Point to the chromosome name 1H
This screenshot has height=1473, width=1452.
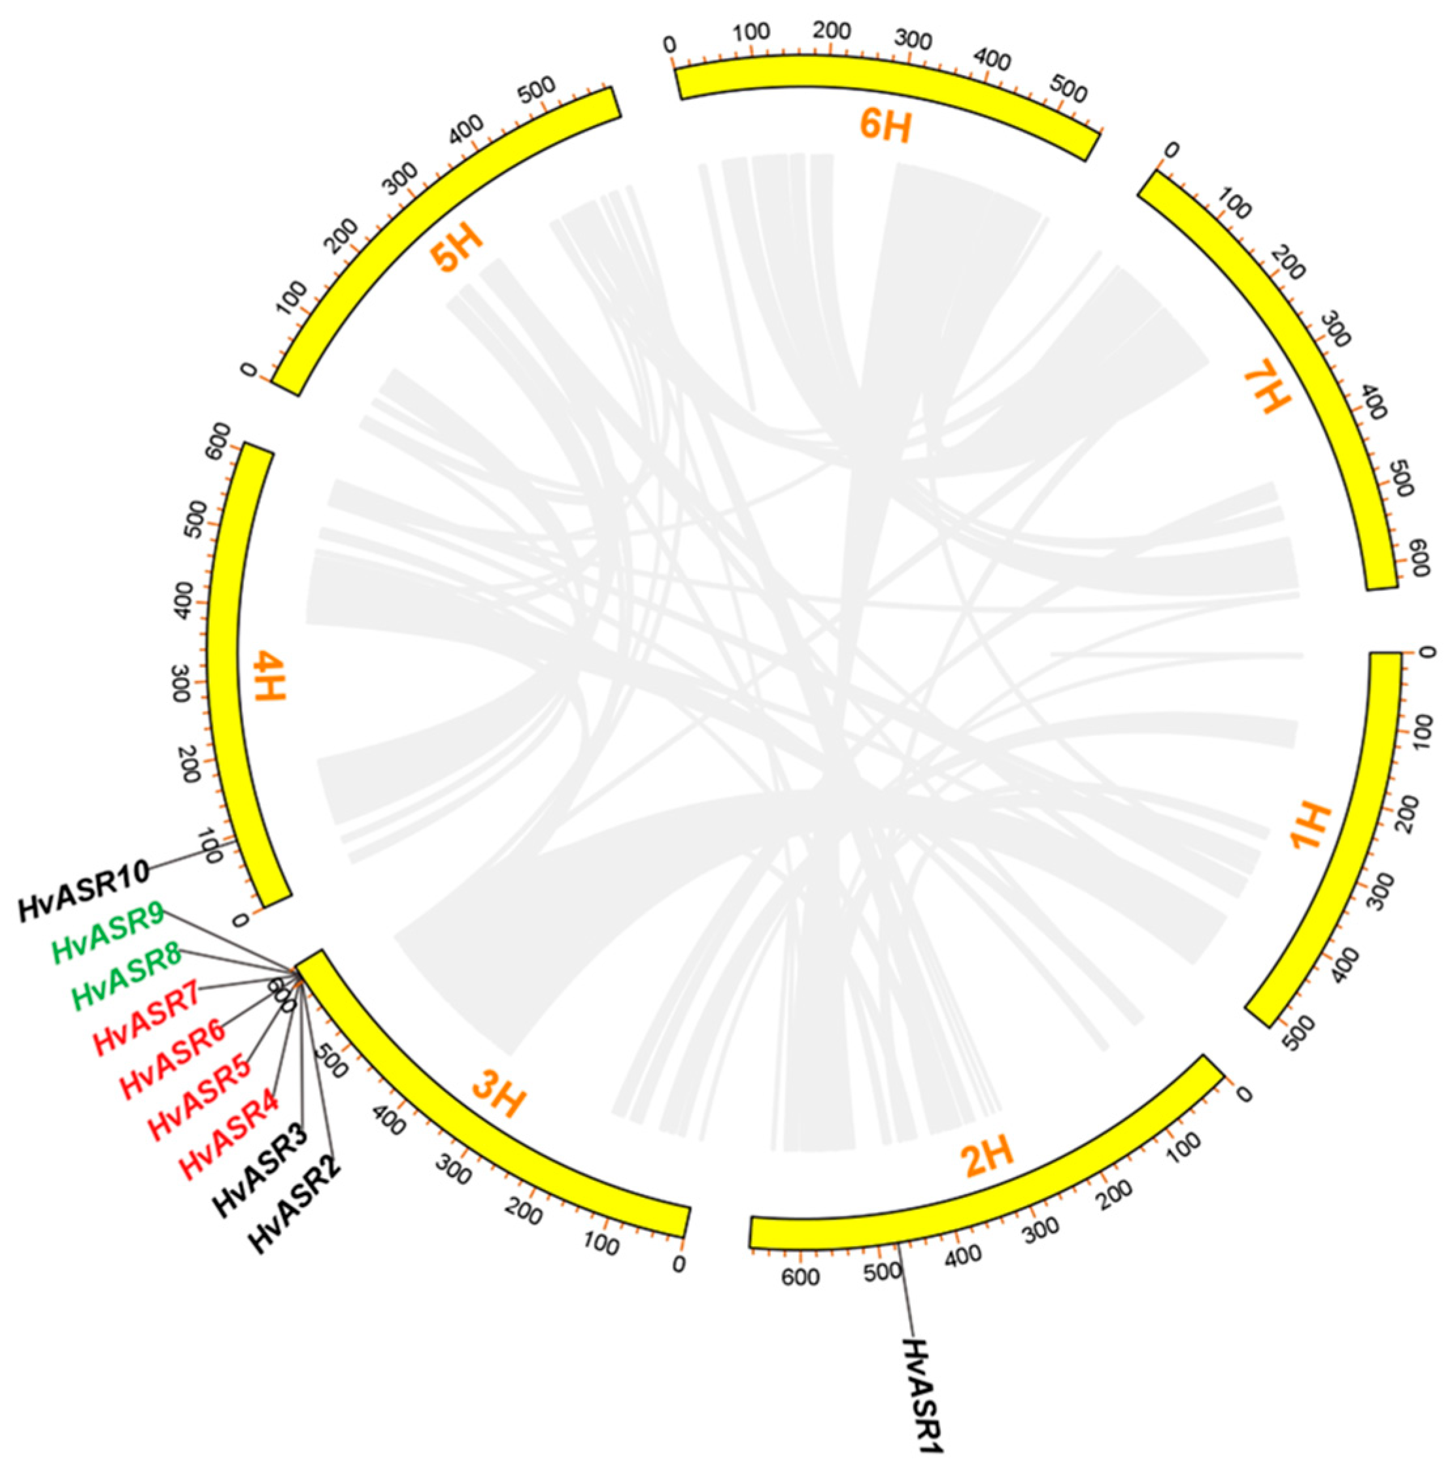pyautogui.click(x=1310, y=827)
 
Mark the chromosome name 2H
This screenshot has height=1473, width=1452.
pyautogui.click(x=988, y=1157)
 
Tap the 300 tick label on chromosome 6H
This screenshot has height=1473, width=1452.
pyautogui.click(x=913, y=39)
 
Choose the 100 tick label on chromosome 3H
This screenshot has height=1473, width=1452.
pyautogui.click(x=601, y=1244)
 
